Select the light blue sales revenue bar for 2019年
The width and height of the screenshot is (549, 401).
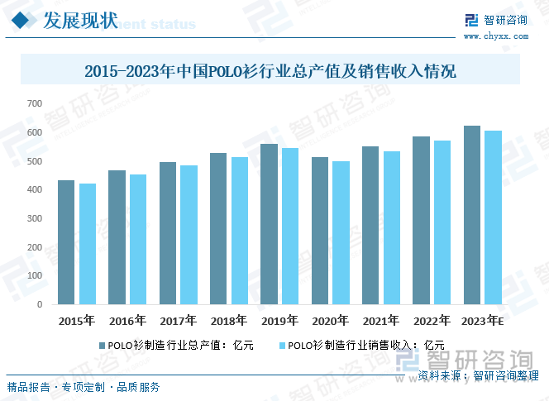click(x=289, y=226)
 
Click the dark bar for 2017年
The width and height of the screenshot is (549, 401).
click(x=168, y=233)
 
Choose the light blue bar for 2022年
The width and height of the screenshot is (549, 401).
click(x=442, y=222)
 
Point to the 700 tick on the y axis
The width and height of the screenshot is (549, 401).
click(x=34, y=103)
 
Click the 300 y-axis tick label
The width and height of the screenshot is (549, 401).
click(x=34, y=218)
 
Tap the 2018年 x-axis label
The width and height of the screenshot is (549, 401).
click(x=229, y=321)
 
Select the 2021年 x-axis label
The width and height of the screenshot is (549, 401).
click(x=380, y=321)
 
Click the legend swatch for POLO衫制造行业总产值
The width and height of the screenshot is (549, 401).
click(x=102, y=346)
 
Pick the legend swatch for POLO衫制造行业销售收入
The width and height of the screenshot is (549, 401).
click(x=282, y=346)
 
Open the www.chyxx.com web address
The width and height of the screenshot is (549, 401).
click(x=495, y=36)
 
